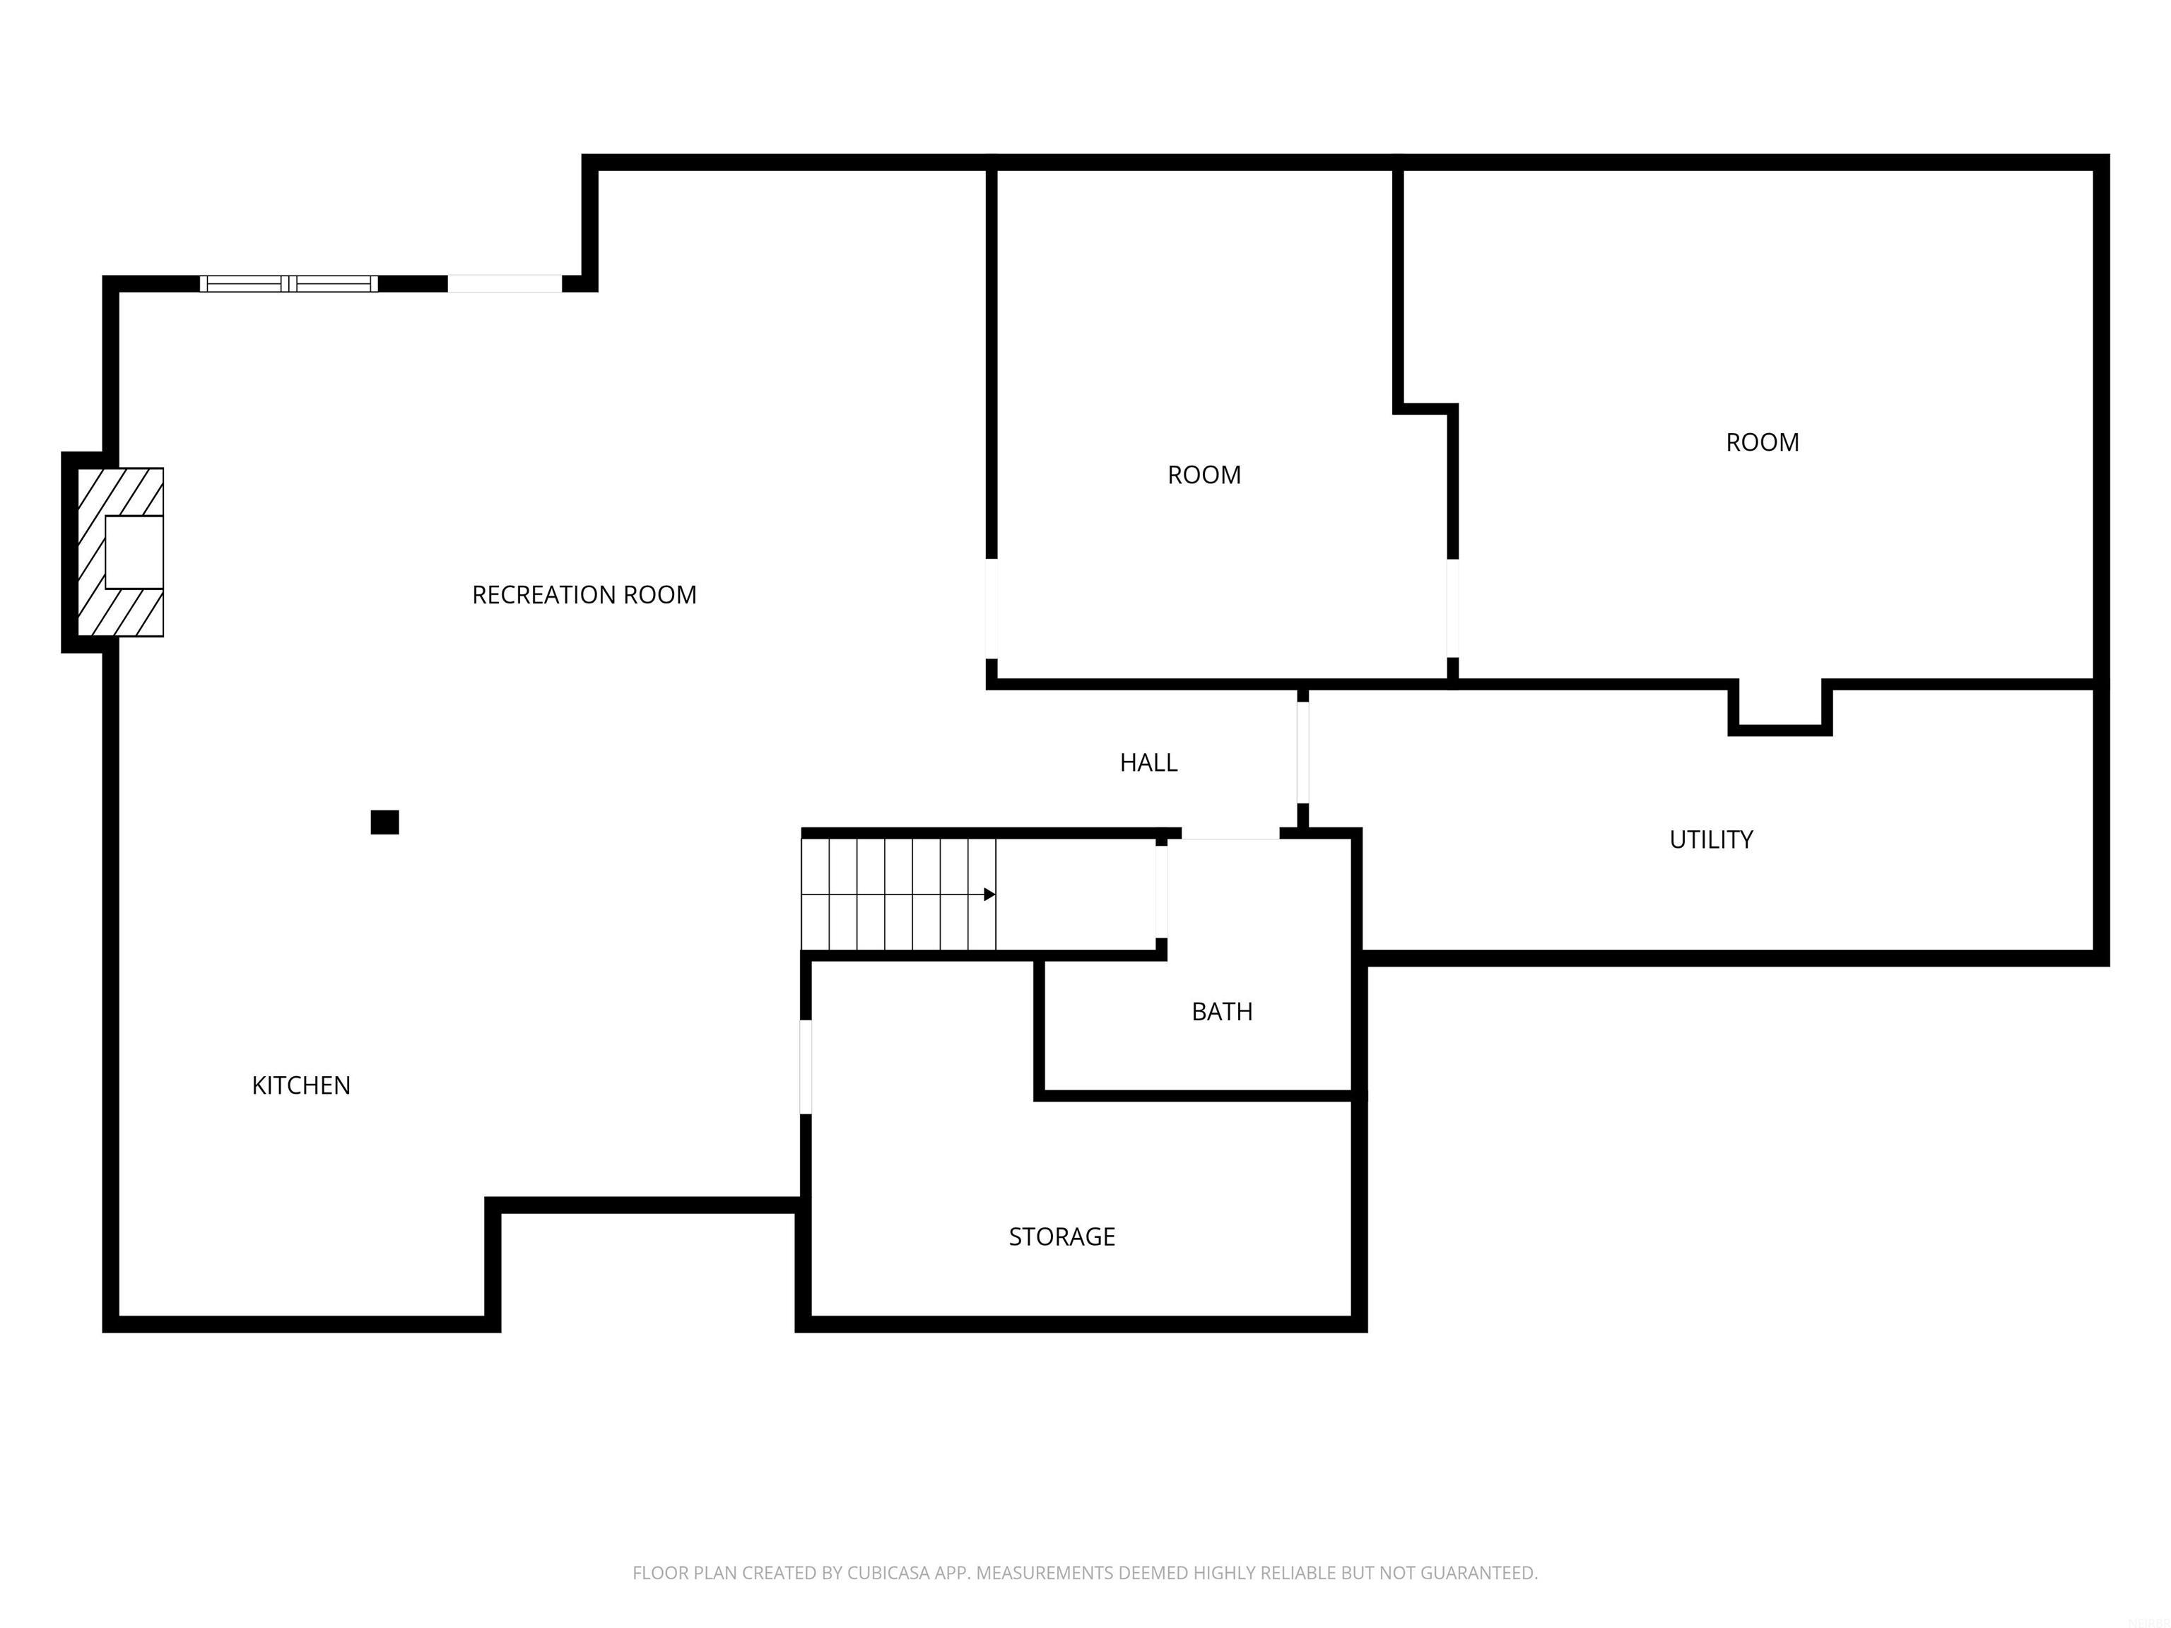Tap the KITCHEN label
click(x=300, y=1085)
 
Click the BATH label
click(x=1221, y=1012)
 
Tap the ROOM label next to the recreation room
click(x=1204, y=475)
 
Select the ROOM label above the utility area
click(x=1762, y=442)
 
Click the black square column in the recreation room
click(x=384, y=822)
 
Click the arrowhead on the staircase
click(x=989, y=894)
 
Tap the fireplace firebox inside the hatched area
click(x=134, y=551)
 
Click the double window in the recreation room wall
click(x=288, y=283)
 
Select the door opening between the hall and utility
click(x=1302, y=753)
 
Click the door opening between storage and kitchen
click(x=806, y=1067)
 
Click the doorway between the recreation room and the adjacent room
click(x=992, y=608)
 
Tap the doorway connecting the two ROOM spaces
click(x=1452, y=608)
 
